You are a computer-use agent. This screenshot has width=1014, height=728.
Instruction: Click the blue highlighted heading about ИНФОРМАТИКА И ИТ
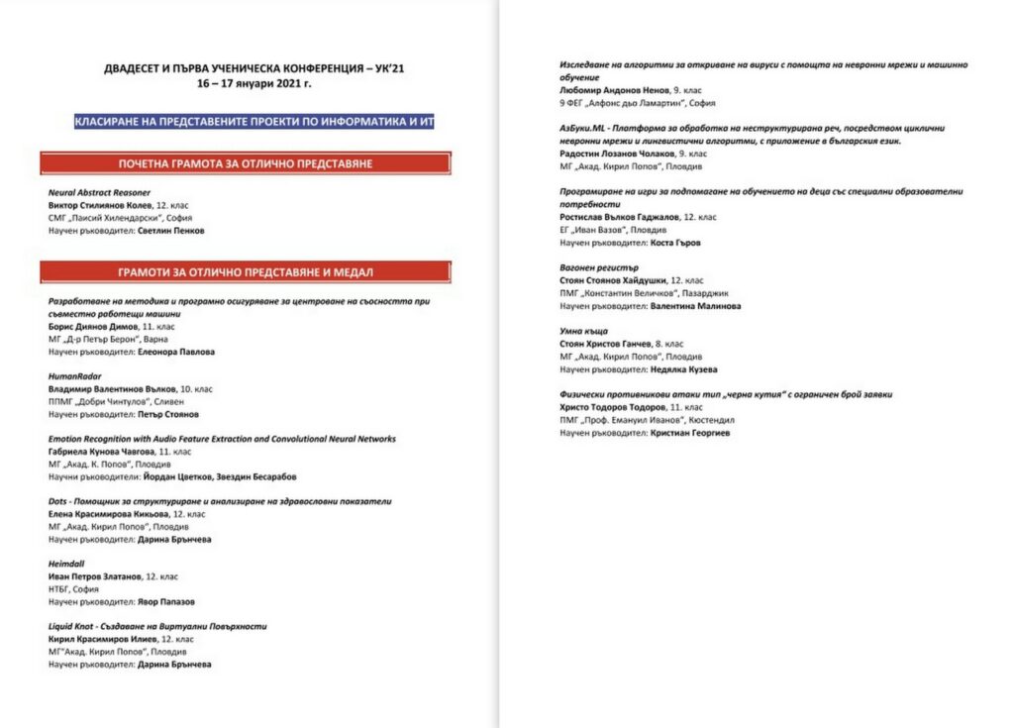[254, 121]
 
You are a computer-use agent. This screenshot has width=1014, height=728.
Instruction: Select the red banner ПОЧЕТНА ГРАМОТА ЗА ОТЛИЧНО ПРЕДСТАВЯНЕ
[246, 163]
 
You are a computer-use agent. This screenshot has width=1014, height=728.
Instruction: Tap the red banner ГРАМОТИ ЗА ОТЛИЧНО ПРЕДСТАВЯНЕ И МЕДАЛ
[246, 270]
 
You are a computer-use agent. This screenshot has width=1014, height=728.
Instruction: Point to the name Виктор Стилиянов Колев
[95, 206]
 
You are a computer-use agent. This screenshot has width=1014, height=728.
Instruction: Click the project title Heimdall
[65, 564]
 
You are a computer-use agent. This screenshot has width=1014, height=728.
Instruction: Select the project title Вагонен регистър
[599, 267]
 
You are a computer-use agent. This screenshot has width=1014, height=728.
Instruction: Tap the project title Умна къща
[584, 331]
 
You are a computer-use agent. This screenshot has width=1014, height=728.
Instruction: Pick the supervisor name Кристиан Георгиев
[690, 433]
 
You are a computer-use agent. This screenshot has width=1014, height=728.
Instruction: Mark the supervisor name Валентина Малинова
[695, 306]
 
